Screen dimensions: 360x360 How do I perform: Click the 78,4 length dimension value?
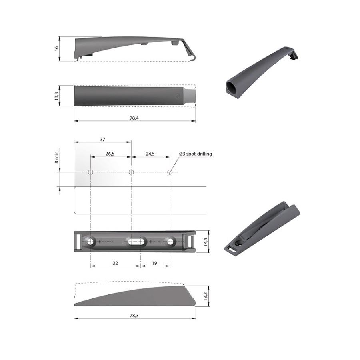click(134, 118)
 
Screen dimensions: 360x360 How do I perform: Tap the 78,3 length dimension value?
click(134, 316)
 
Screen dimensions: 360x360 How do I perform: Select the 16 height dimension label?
click(56, 48)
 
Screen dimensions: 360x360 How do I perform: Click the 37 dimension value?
click(102, 139)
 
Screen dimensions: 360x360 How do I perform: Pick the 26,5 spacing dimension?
click(110, 154)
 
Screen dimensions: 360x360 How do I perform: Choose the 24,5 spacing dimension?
click(150, 154)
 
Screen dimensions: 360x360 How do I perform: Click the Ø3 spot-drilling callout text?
click(196, 154)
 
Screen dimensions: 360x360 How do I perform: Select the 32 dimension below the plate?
click(115, 263)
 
